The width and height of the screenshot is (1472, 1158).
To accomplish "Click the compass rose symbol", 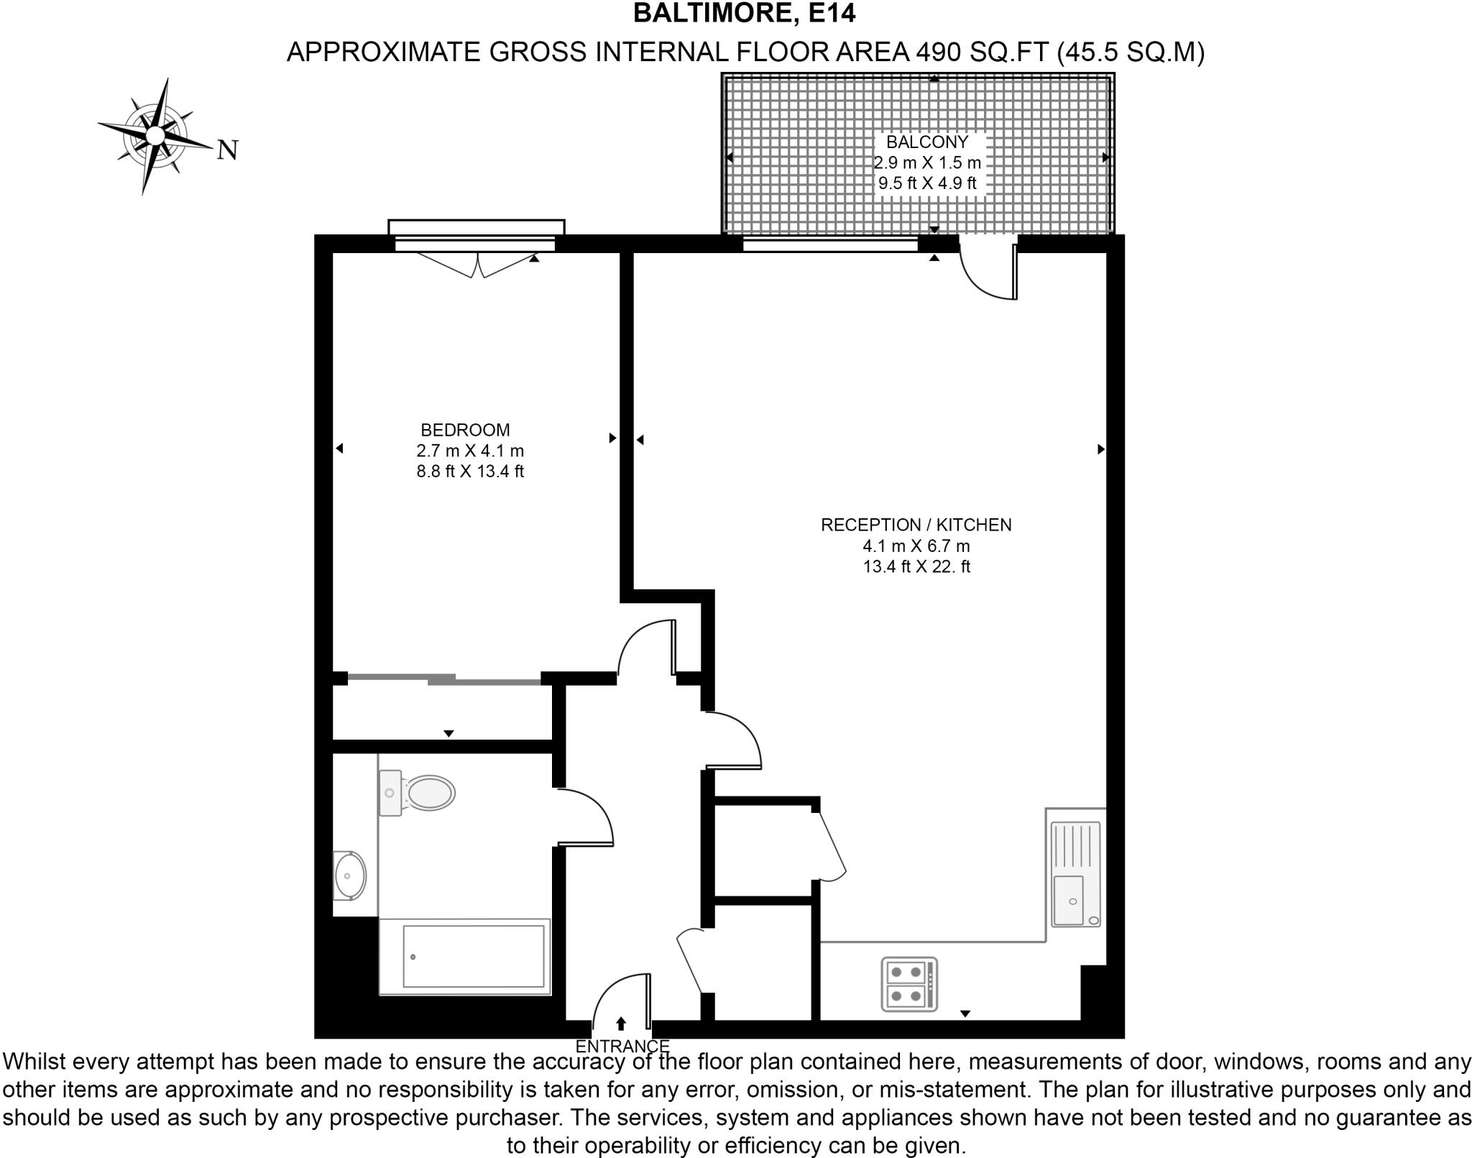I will point(155,136).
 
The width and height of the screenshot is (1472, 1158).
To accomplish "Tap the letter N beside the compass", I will point(227,150).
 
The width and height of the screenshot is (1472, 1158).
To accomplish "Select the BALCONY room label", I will point(926,142).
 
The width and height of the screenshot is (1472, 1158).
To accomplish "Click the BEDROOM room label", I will point(465,430).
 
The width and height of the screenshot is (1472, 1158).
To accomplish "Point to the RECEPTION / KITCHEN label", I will point(916,525).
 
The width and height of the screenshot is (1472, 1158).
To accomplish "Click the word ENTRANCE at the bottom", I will point(622,1046).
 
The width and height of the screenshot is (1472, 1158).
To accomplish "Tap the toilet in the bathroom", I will point(419,793).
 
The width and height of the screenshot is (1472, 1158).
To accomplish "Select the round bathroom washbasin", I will point(349,876).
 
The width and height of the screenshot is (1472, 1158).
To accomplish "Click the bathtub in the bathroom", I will point(465,957).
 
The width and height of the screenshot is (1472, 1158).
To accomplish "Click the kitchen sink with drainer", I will point(1075,873).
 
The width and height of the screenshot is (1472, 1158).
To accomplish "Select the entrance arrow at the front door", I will point(621,1023).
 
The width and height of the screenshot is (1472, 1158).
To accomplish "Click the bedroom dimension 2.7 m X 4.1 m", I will point(470,451).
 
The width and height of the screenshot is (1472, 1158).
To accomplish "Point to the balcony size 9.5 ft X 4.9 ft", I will point(927,183).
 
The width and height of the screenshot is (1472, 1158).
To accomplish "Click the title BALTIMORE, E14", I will point(744,14).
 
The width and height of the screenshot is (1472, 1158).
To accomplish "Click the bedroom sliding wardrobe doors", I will point(443,678).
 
